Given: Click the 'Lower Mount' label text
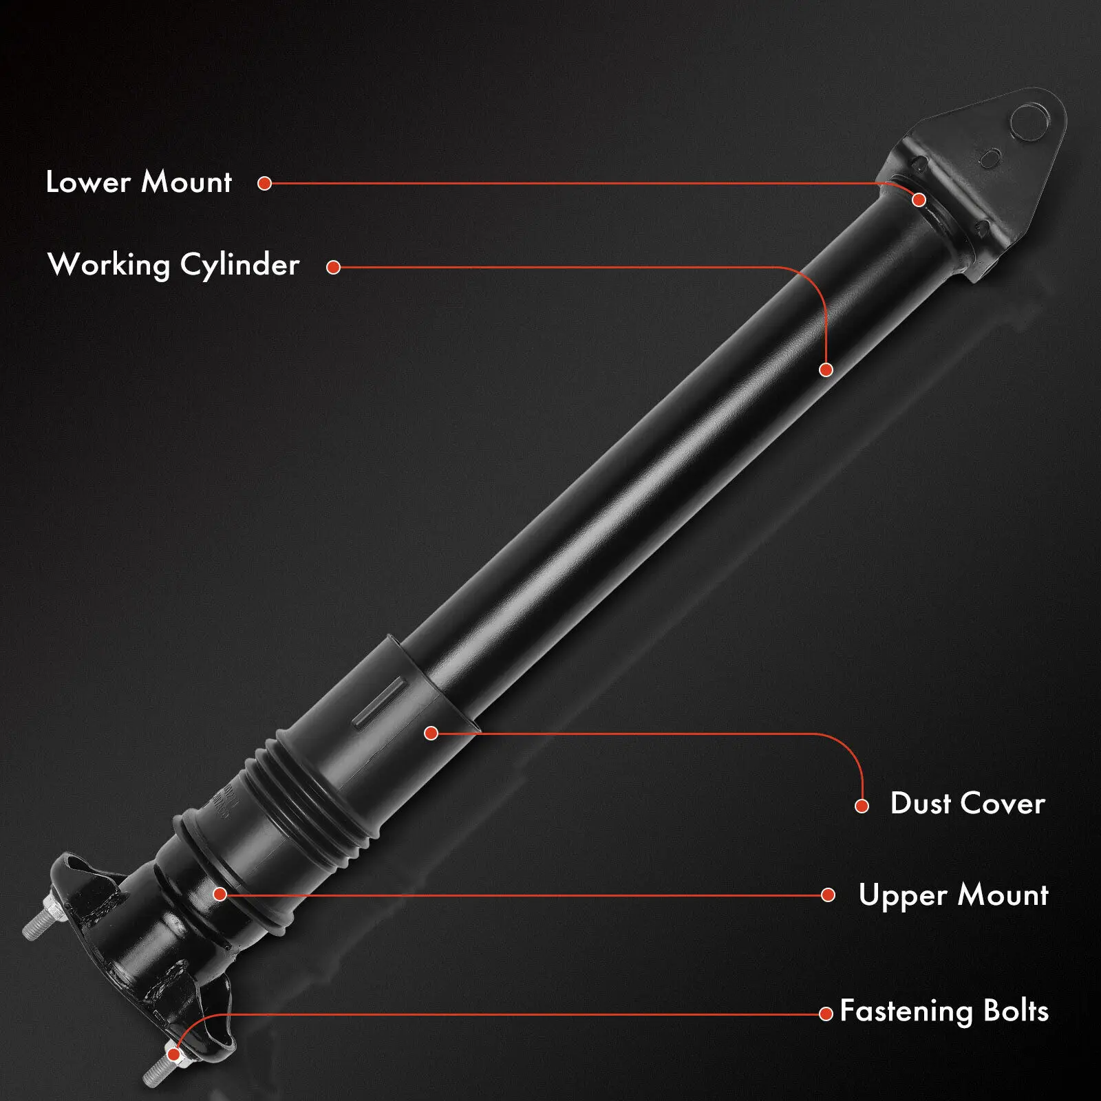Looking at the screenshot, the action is pyautogui.click(x=138, y=182).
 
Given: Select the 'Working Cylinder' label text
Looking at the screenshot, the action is pyautogui.click(x=173, y=265).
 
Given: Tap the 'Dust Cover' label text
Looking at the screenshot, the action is pyautogui.click(x=968, y=803).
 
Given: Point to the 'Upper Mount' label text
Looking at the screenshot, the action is pyautogui.click(x=953, y=895).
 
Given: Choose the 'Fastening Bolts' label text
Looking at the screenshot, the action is pyautogui.click(x=944, y=1011).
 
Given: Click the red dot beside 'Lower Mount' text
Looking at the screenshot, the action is pyautogui.click(x=265, y=183).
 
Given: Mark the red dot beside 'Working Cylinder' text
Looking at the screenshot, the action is pyautogui.click(x=334, y=267).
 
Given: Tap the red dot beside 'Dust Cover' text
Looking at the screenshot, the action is pyautogui.click(x=862, y=806).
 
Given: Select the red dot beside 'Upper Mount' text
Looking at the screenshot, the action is pyautogui.click(x=829, y=895).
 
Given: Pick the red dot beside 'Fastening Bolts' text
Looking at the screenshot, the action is pyautogui.click(x=826, y=1014).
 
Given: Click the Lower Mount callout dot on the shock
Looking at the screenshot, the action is pyautogui.click(x=919, y=200).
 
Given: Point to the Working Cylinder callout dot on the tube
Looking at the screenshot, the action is pyautogui.click(x=826, y=370).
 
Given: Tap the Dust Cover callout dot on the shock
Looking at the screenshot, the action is pyautogui.click(x=431, y=733).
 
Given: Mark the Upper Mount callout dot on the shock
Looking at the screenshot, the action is pyautogui.click(x=220, y=894).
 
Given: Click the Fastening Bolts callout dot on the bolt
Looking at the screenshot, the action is pyautogui.click(x=174, y=1054).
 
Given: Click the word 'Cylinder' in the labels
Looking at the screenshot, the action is pyautogui.click(x=239, y=266).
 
